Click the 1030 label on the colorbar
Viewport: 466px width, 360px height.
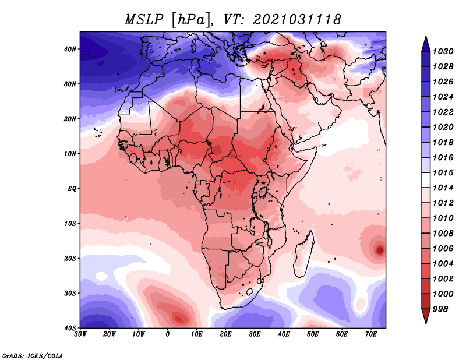click(443, 51)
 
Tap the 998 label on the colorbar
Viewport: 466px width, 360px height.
click(440, 309)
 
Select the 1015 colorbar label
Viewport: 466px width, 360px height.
click(443, 172)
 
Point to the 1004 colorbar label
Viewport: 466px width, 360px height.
click(443, 264)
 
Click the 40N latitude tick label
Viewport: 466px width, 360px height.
click(70, 49)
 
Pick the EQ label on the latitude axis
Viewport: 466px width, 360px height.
click(72, 189)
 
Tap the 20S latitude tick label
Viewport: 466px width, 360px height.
click(70, 258)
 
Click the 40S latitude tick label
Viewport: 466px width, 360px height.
click(70, 328)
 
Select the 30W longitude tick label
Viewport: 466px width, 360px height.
click(80, 334)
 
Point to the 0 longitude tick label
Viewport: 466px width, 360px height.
click(168, 334)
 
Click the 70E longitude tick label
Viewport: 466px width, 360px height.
click(371, 334)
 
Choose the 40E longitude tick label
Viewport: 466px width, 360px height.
click(284, 334)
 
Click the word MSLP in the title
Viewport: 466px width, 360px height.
click(144, 20)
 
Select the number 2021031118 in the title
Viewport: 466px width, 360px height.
click(296, 20)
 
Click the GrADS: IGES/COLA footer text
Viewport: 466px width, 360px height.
click(33, 355)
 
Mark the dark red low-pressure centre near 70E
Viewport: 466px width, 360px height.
click(380, 250)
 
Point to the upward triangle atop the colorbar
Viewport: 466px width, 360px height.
click(426, 44)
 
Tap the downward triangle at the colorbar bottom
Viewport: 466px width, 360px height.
click(426, 316)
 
